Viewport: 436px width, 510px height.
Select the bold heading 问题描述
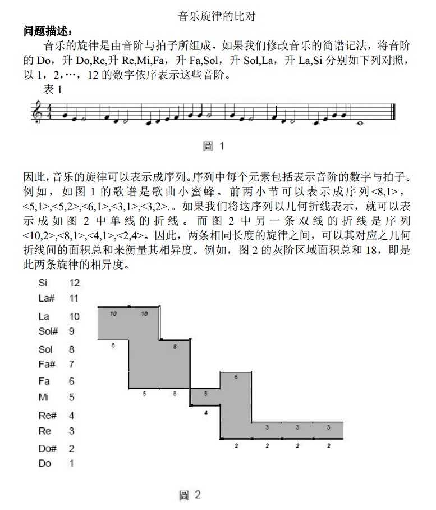48,31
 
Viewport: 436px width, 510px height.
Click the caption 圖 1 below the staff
213,146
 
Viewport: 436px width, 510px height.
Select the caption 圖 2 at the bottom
190,495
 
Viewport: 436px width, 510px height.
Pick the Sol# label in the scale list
48,331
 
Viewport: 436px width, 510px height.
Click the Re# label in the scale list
47,416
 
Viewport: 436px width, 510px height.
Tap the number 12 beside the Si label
74,283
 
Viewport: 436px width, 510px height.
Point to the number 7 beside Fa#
71,364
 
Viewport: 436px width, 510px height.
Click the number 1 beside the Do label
71,463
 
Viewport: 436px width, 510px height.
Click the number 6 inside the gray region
236,377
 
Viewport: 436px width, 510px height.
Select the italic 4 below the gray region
205,412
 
